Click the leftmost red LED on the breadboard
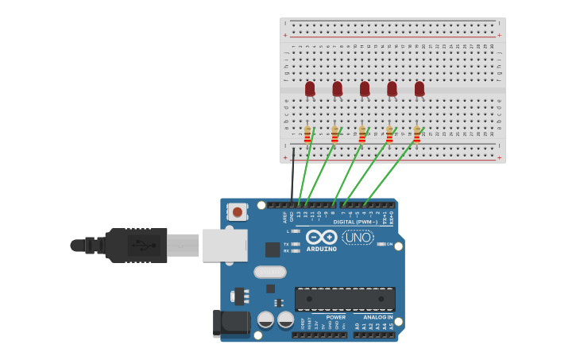point(310,88)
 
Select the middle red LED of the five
point(365,88)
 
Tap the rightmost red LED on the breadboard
point(419,88)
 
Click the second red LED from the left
point(337,88)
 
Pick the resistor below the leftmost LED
point(307,134)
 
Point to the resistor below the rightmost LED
point(416,134)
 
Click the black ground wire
point(292,175)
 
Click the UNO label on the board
point(358,237)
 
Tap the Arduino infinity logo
point(322,237)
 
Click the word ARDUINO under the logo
point(322,249)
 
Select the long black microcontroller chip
point(345,299)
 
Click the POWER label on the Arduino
point(335,317)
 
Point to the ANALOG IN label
point(378,317)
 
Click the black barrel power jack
point(231,323)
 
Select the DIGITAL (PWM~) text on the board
point(355,222)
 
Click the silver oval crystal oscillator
point(270,272)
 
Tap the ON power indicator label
point(389,244)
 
